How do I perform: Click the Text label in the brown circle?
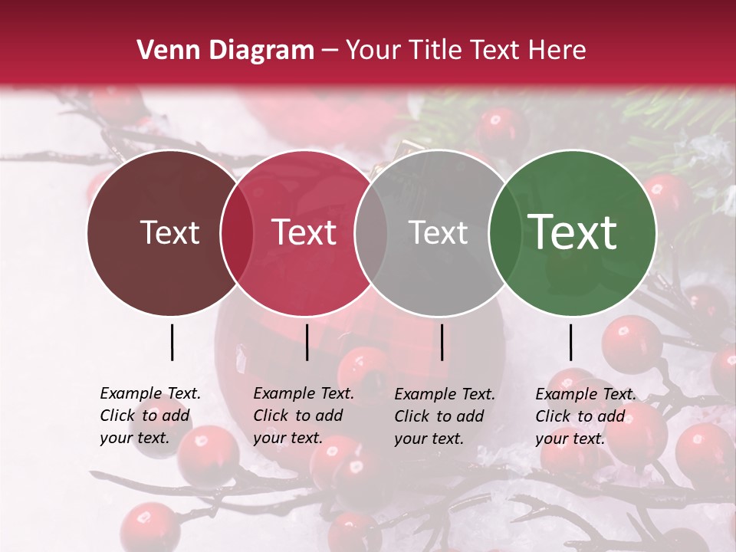click(169, 233)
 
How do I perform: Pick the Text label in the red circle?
click(304, 233)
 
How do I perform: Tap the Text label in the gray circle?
click(438, 233)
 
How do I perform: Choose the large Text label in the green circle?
click(573, 233)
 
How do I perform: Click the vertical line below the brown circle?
click(172, 342)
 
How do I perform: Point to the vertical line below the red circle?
click(307, 342)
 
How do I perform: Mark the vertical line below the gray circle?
click(442, 342)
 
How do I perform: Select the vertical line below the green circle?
click(570, 342)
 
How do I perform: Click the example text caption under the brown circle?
click(149, 416)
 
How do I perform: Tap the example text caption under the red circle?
click(303, 416)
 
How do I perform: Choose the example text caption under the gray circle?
click(444, 416)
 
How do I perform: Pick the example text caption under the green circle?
click(585, 416)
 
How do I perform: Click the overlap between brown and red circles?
click(237, 233)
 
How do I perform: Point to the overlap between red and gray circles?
click(371, 233)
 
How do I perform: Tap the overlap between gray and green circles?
click(504, 233)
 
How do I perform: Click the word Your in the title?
click(373, 51)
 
